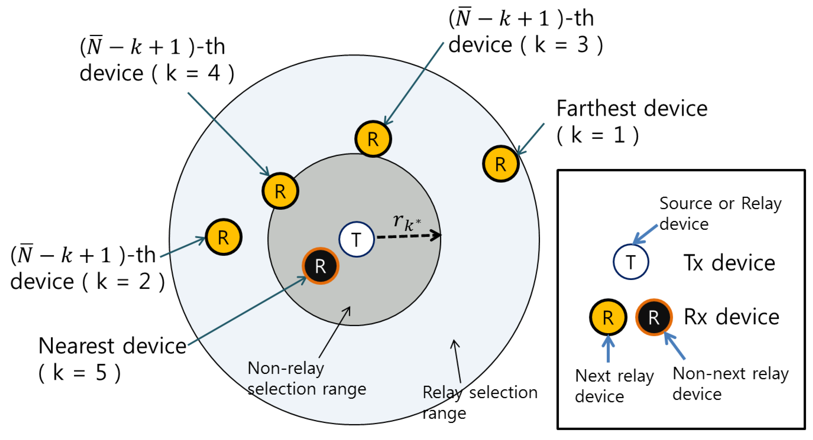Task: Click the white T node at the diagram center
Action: (x=357, y=239)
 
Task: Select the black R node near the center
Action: (x=320, y=266)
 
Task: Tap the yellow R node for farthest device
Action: (x=501, y=164)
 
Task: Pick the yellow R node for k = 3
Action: (x=373, y=139)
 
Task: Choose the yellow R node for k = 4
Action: (x=280, y=191)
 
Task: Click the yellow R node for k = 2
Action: (x=223, y=237)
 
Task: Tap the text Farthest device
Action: (x=632, y=109)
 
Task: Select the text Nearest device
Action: (x=112, y=346)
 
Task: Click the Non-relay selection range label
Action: (x=306, y=378)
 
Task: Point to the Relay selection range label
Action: (x=480, y=402)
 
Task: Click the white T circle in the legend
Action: (x=631, y=262)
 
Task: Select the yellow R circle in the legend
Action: (x=608, y=317)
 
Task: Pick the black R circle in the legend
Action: (x=654, y=317)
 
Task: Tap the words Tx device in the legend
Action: (x=729, y=263)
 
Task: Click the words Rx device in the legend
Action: (x=731, y=317)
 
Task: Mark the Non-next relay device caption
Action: (x=730, y=384)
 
